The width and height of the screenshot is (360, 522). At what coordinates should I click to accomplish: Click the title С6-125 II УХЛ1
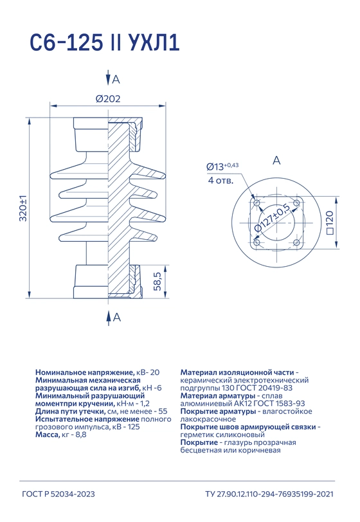[x=105, y=42]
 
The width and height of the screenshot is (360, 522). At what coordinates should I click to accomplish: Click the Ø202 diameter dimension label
[x=108, y=99]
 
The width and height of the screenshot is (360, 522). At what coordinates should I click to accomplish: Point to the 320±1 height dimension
[x=23, y=208]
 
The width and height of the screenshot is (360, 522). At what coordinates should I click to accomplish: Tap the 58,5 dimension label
[x=157, y=282]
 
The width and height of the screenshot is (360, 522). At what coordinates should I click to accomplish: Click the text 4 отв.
[x=221, y=181]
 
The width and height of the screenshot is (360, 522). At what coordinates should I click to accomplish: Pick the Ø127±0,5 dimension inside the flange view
[x=272, y=217]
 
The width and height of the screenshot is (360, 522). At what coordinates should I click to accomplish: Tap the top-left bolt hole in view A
[x=256, y=203]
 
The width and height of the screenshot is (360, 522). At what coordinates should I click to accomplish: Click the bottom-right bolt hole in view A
[x=296, y=242]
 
